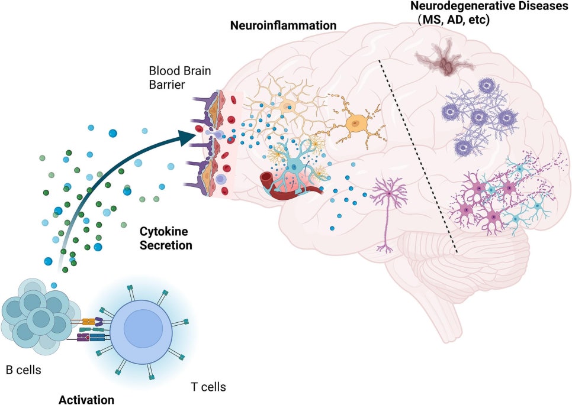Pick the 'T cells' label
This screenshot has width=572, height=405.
(208, 387)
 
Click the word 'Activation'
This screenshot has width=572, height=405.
(86, 398)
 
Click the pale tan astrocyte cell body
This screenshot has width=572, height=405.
(288, 107)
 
